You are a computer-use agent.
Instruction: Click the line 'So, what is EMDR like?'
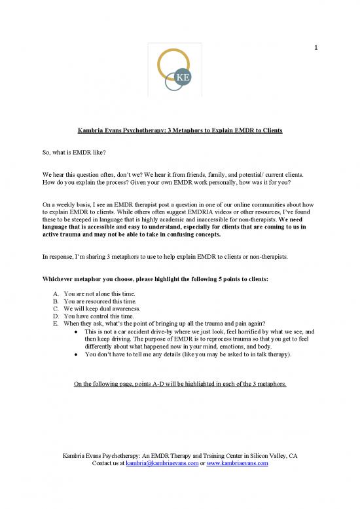coord(71,153)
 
